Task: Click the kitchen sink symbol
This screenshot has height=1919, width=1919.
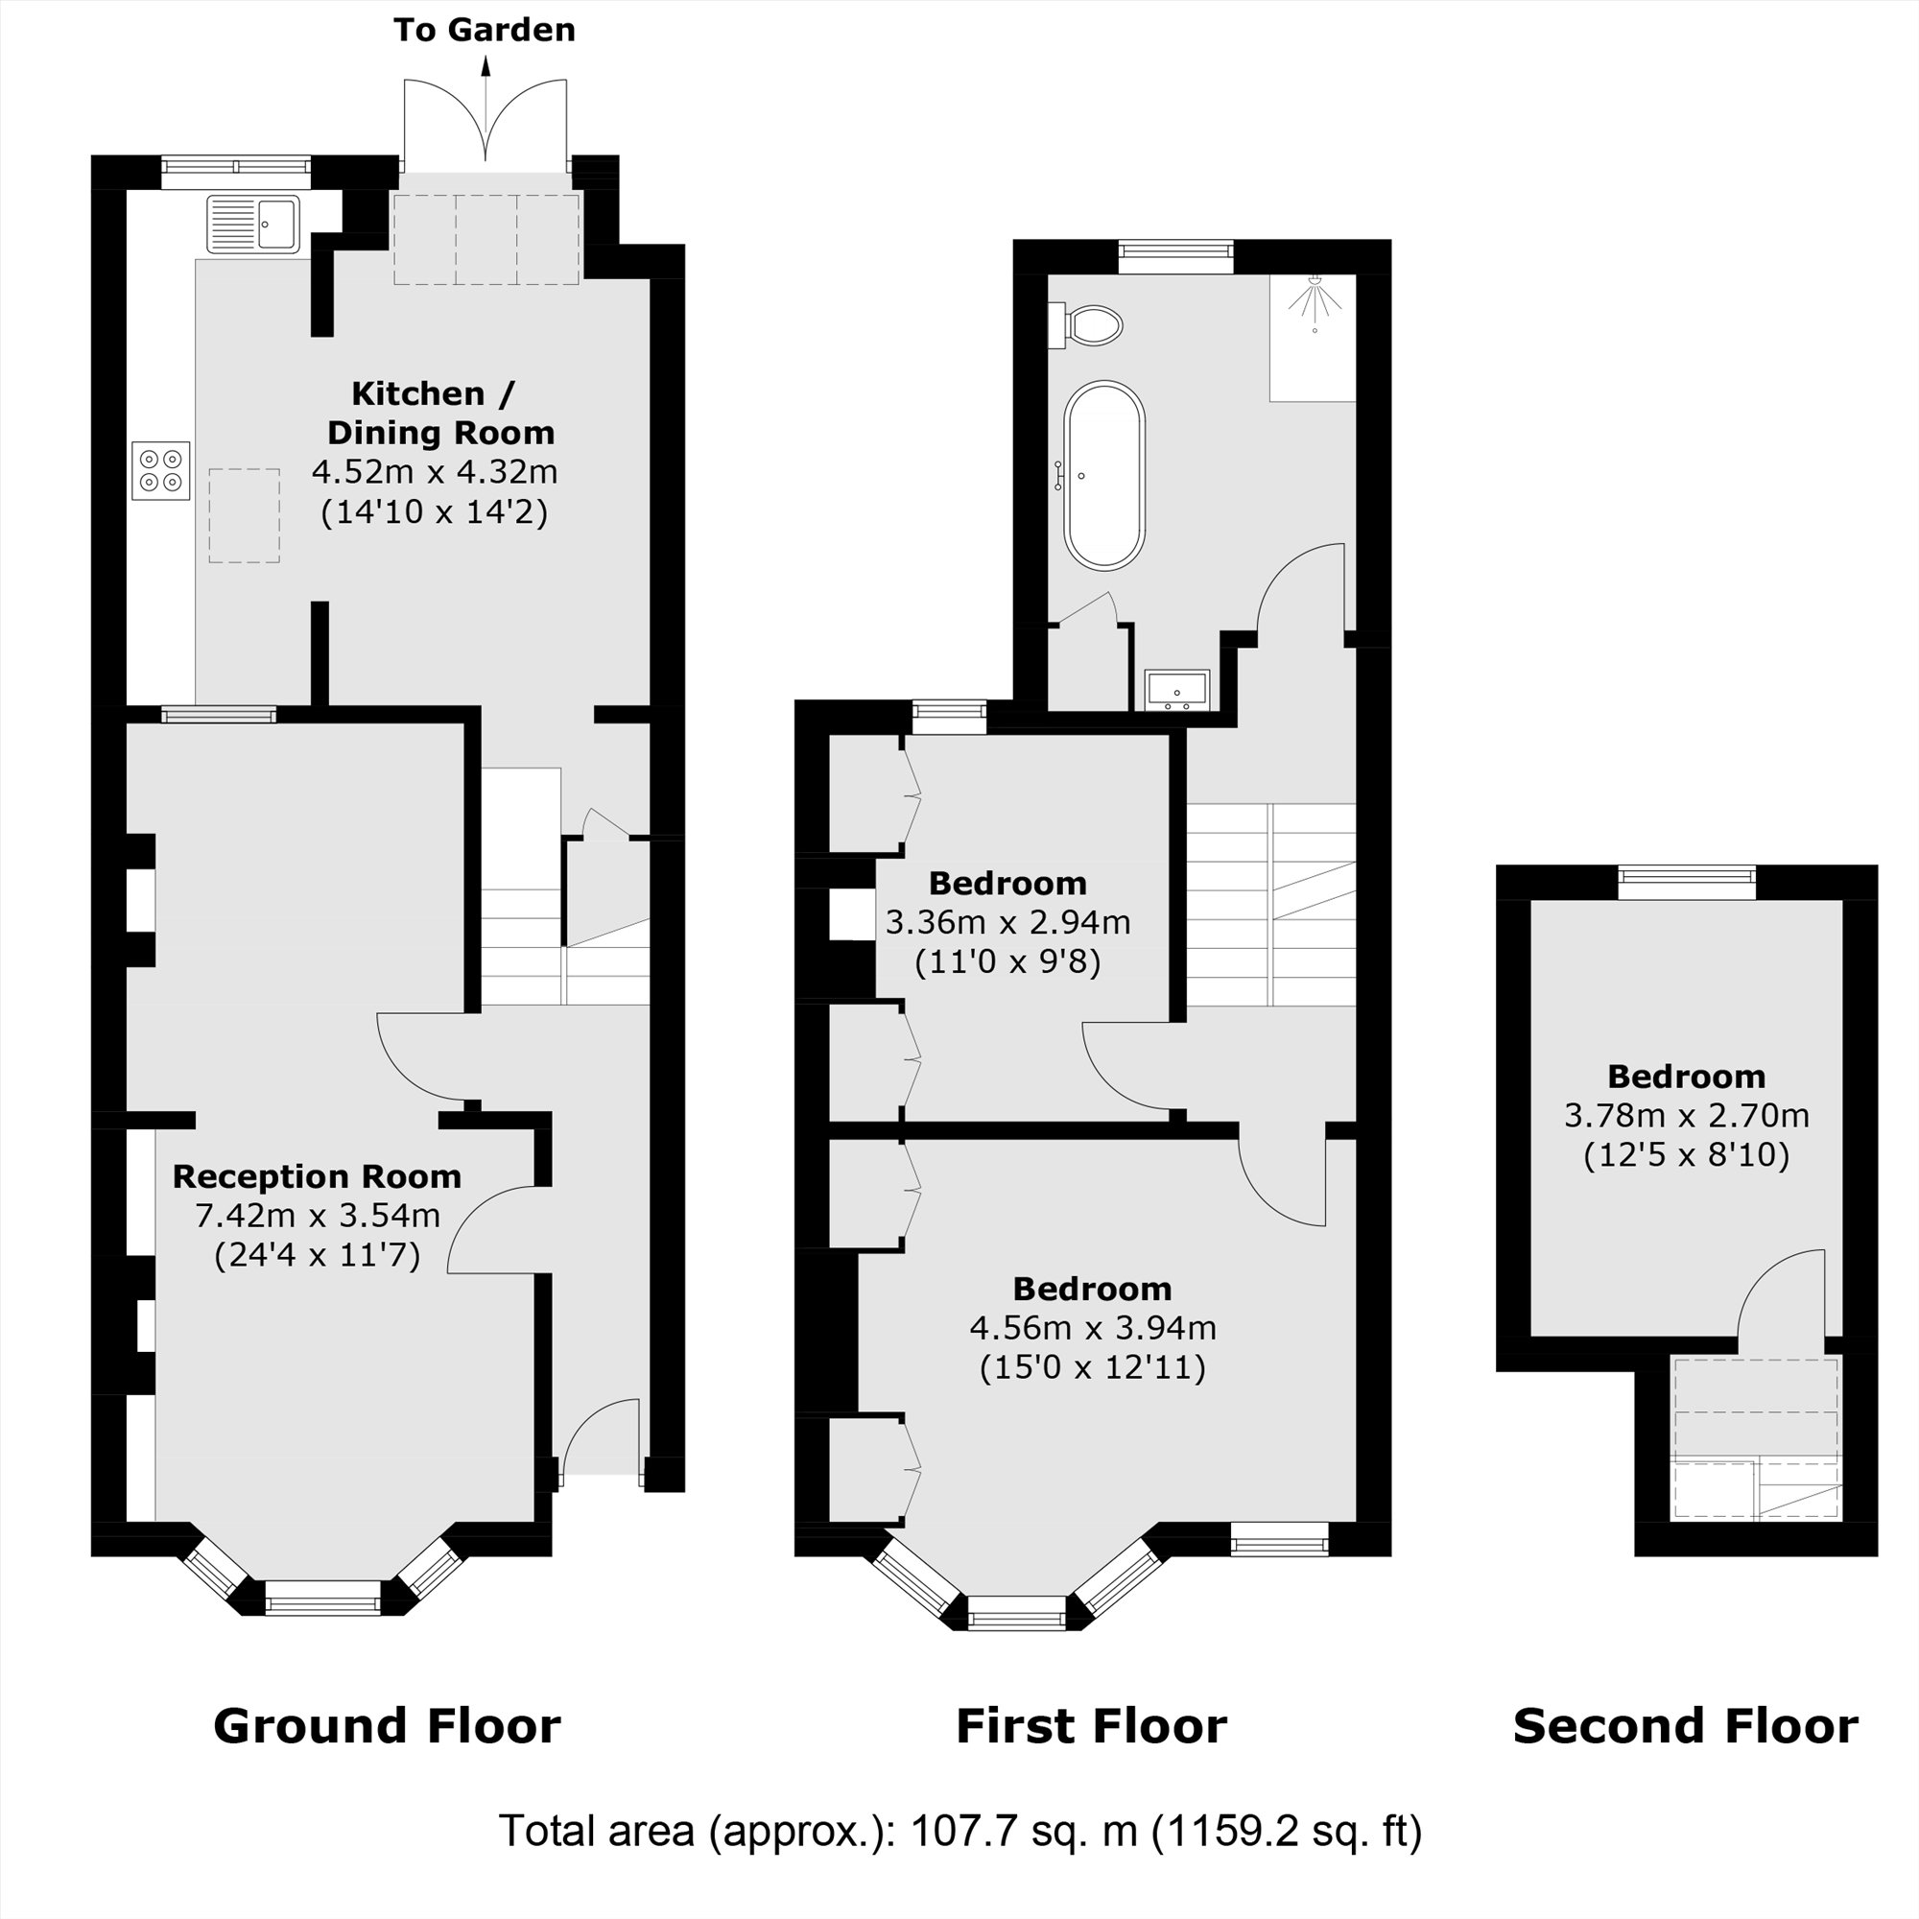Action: point(253,225)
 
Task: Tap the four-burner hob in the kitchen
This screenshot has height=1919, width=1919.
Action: point(161,471)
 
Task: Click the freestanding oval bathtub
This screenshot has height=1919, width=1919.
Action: point(1104,476)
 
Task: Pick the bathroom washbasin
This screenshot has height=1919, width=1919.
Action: point(1177,689)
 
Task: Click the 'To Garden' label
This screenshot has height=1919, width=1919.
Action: point(484,30)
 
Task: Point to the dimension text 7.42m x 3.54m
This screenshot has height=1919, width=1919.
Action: point(317,1215)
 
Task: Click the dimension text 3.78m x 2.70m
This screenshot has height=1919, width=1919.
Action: point(1686,1116)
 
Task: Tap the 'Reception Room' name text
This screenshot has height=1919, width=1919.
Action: point(317,1176)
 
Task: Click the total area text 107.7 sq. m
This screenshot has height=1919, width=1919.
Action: point(1023,1830)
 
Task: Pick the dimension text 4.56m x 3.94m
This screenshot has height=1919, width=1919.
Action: point(1092,1327)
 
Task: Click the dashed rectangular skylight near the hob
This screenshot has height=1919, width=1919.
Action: point(245,515)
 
